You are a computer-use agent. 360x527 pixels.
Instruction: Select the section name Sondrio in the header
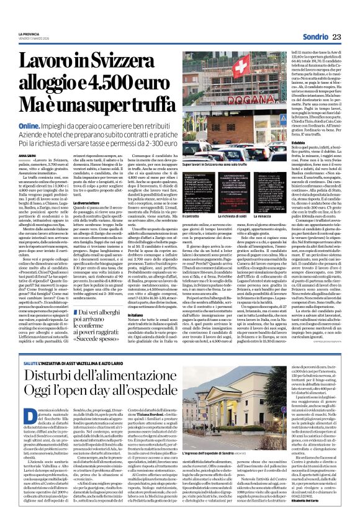click(x=322, y=18)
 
